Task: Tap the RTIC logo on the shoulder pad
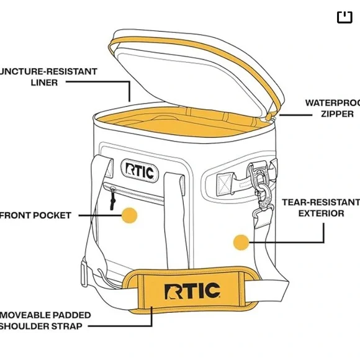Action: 192,290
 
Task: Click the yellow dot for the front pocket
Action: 129,215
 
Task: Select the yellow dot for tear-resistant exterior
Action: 241,242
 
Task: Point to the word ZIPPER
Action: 337,114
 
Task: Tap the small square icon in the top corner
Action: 344,17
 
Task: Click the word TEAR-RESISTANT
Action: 321,202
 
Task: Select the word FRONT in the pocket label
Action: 15,215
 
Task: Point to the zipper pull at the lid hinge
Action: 269,116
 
